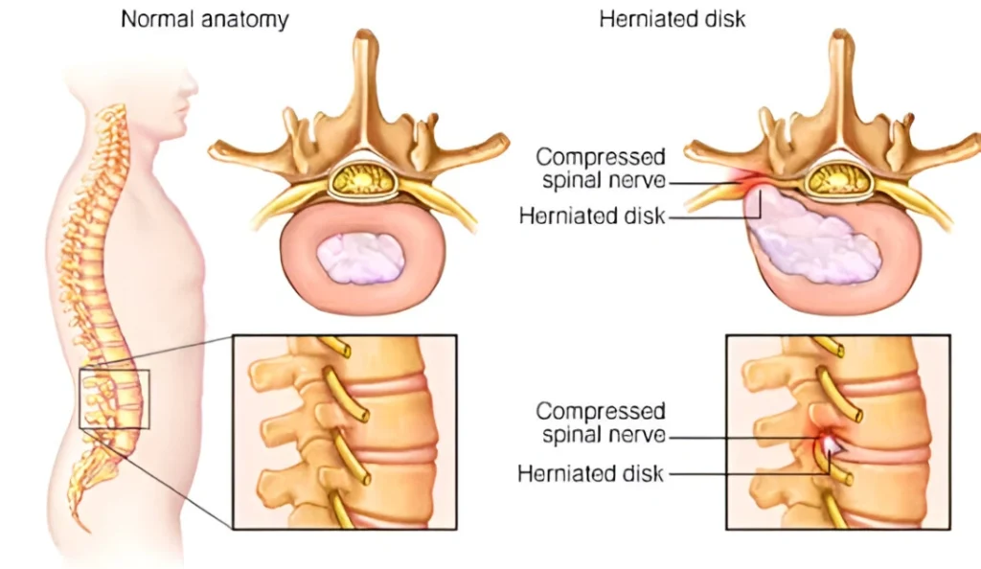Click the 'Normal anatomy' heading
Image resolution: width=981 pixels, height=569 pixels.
click(204, 19)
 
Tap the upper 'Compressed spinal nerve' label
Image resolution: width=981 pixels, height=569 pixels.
click(601, 168)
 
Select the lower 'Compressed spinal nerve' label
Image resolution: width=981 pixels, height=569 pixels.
click(601, 423)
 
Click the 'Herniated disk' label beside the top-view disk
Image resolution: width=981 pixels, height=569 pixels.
click(591, 216)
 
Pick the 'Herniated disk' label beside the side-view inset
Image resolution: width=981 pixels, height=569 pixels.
click(590, 473)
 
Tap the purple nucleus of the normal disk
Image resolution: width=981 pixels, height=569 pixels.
click(359, 257)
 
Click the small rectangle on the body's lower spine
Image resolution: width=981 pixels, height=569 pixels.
click(114, 398)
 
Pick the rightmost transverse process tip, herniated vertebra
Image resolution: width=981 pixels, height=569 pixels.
click(972, 146)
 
